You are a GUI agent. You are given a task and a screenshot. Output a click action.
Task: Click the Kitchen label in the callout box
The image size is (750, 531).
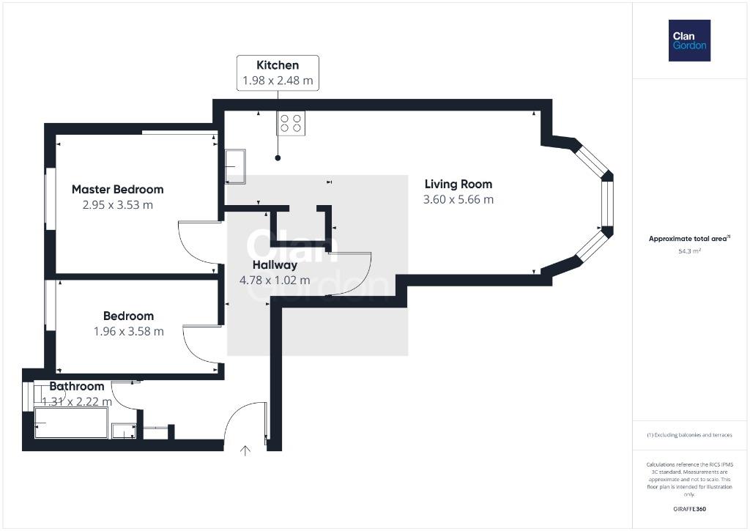click(278, 65)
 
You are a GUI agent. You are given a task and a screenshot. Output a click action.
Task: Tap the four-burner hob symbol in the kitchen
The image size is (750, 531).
click(290, 123)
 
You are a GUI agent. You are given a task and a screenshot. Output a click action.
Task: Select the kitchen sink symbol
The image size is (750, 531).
click(235, 166)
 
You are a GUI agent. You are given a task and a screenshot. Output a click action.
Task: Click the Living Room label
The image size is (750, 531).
click(458, 184)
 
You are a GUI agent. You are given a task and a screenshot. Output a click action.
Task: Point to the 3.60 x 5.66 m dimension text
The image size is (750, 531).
click(458, 199)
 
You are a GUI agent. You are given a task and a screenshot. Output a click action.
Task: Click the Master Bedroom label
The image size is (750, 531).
click(118, 190)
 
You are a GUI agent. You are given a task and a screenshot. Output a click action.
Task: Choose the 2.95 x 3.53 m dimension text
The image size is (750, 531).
click(118, 205)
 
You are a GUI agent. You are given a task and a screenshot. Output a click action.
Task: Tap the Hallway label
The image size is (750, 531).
click(275, 265)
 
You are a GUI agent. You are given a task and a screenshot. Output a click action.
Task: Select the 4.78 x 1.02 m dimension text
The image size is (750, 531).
click(275, 281)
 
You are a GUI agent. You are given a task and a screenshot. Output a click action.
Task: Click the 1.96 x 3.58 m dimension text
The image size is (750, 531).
click(129, 331)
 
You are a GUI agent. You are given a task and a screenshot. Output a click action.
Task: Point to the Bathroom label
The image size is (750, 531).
click(76, 386)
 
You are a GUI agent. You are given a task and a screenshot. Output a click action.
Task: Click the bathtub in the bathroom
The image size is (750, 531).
click(71, 423)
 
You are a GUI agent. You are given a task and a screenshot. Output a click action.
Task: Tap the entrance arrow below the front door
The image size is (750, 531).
click(245, 450)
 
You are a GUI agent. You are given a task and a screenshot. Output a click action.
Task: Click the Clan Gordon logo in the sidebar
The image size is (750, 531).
click(689, 41)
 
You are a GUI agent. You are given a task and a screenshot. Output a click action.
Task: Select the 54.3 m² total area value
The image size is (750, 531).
click(689, 251)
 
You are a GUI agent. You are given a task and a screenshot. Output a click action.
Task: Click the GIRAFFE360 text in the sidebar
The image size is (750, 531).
click(689, 509)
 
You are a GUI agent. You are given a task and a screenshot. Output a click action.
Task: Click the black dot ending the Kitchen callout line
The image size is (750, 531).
click(278, 158)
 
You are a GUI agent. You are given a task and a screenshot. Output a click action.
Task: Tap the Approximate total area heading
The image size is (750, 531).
click(689, 238)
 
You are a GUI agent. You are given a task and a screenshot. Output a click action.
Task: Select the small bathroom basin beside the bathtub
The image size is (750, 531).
click(124, 431)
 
